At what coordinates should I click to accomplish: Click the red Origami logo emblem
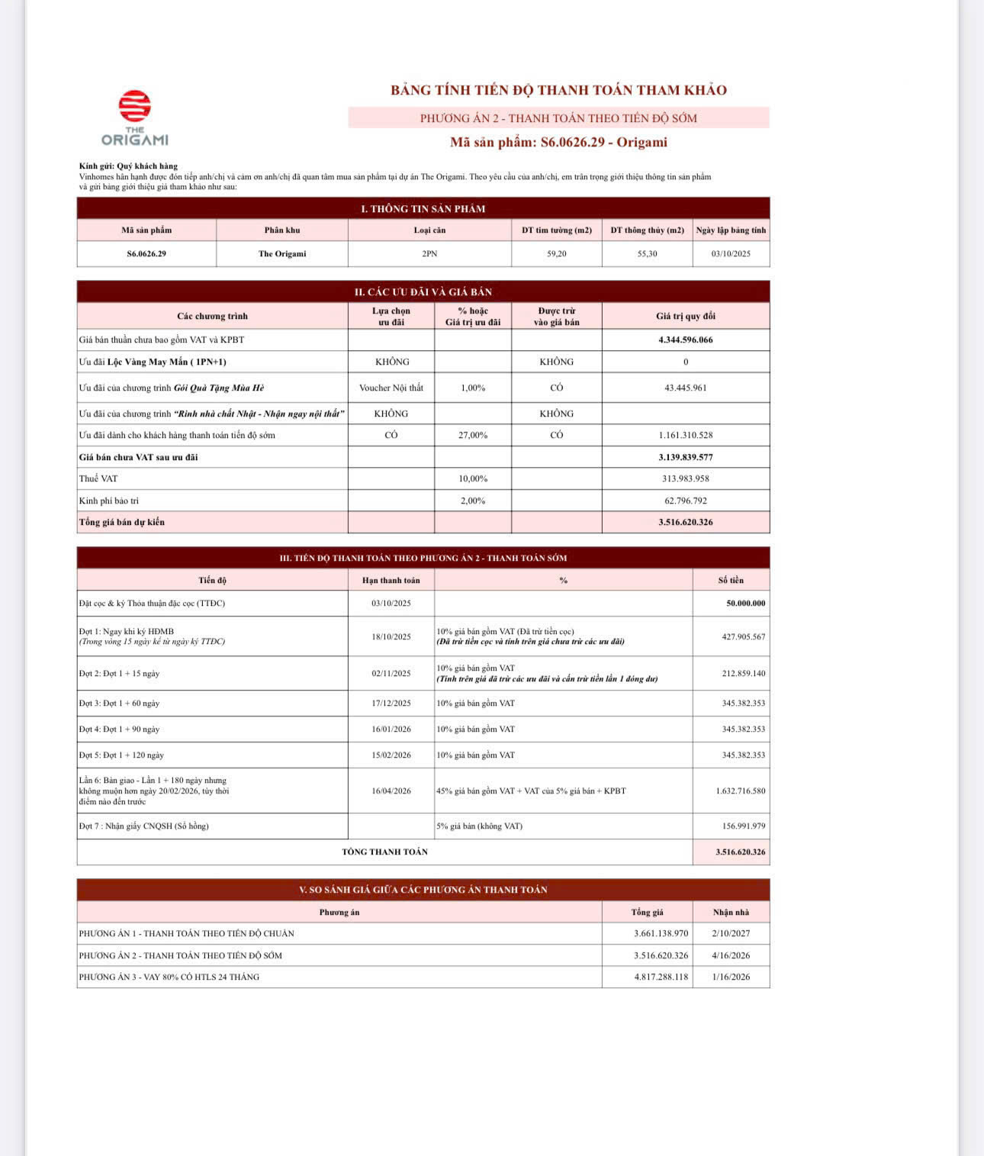click(x=134, y=106)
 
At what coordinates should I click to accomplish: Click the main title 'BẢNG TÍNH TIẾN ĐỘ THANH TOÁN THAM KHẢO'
click(x=558, y=90)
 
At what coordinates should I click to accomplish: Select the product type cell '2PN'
click(x=429, y=254)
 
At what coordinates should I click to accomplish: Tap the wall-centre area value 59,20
click(x=557, y=254)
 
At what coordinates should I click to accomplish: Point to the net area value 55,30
click(x=647, y=254)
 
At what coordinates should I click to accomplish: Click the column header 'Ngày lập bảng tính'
click(x=731, y=230)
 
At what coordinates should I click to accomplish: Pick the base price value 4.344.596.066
click(x=685, y=340)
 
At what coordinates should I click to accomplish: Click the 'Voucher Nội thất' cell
click(x=391, y=388)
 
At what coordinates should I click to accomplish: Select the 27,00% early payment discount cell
click(x=473, y=435)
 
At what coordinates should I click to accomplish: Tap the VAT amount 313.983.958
click(x=685, y=478)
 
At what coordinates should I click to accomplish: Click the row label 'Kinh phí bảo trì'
click(x=109, y=501)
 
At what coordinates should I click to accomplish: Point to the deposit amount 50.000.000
click(x=745, y=604)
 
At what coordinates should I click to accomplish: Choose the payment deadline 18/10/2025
click(x=391, y=636)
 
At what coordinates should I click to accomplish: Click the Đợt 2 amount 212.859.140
click(x=743, y=674)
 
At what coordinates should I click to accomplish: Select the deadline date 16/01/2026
click(x=391, y=729)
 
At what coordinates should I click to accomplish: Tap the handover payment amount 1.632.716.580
click(x=740, y=791)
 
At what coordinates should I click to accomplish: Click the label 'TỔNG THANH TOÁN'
click(x=384, y=852)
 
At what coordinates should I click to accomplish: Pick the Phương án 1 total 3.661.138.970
click(x=661, y=933)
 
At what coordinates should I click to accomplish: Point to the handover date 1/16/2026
click(x=731, y=977)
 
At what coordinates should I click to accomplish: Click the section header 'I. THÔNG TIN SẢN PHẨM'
click(x=423, y=208)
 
